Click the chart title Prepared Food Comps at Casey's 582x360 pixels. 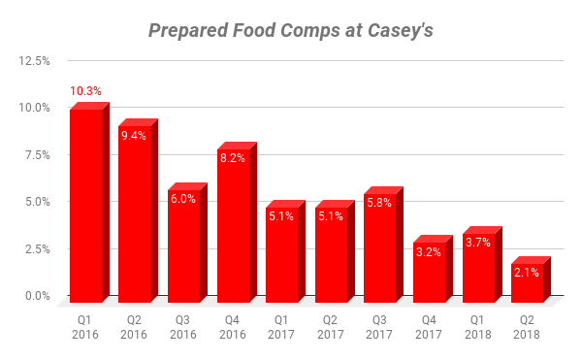[291, 30]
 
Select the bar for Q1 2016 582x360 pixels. [85, 204]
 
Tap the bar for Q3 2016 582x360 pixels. [183, 243]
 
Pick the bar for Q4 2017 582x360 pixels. [429, 267]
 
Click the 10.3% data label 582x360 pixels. [85, 92]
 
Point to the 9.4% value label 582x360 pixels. [134, 136]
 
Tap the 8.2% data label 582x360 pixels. [233, 158]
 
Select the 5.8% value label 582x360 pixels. [380, 204]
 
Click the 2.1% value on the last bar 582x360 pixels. [527, 273]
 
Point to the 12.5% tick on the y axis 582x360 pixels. [36, 61]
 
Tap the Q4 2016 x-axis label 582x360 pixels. [233, 326]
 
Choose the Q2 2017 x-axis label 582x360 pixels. [331, 326]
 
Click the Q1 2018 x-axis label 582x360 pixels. [478, 326]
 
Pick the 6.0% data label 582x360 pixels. [183, 199]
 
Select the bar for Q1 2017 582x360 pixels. [281, 252]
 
